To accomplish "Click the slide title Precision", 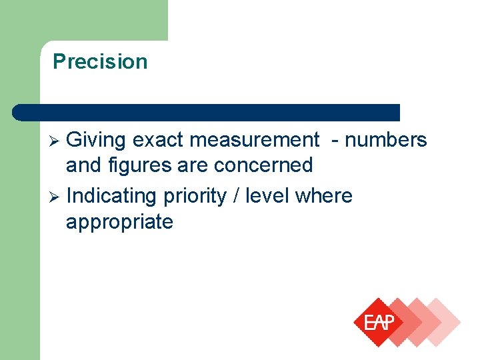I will [x=100, y=61].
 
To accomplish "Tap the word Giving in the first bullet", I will [x=97, y=140].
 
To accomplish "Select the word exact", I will [x=158, y=140].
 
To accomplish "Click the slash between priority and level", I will [x=237, y=196].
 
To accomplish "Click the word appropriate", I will [x=119, y=222].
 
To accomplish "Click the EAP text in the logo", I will [x=379, y=323].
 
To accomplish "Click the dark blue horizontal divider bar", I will [x=207, y=112].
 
